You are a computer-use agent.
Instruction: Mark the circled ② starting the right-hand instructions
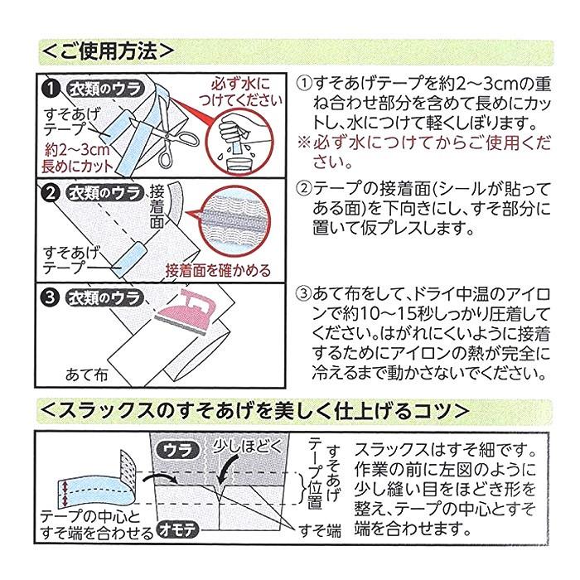tap(303, 188)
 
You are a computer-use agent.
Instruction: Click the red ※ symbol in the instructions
tap(303, 143)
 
